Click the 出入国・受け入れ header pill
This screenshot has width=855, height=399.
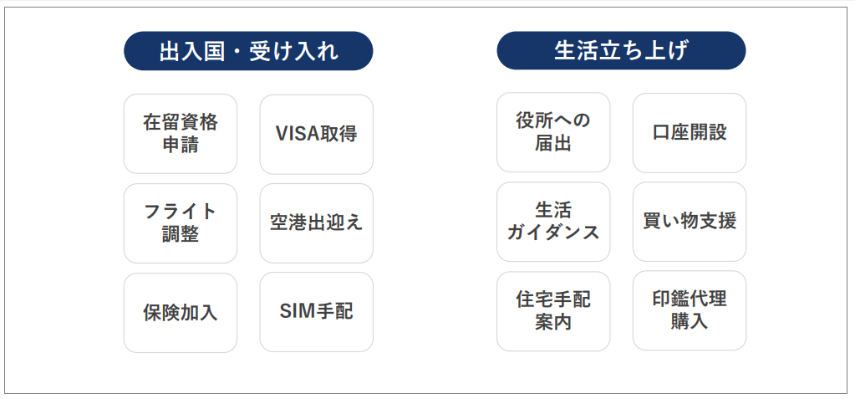coord(248,51)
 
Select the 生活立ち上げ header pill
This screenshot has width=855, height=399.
coord(621,51)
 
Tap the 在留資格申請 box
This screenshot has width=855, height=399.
coord(181,134)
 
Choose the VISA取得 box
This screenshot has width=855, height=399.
coord(316,135)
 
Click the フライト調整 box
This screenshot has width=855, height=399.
coord(181,223)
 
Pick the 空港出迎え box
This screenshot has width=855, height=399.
coord(316,223)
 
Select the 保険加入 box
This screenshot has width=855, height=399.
coord(181,313)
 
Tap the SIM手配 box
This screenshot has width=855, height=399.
coord(316,312)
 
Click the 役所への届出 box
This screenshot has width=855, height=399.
coord(553,132)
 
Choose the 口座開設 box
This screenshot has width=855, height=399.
coord(690,133)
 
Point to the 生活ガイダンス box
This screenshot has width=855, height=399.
coord(553,222)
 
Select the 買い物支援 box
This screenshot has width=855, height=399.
coord(690,222)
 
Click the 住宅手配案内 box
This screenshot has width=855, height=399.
coord(553,311)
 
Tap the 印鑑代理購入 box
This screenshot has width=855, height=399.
coord(690,310)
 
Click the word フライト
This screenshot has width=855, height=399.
coord(181,212)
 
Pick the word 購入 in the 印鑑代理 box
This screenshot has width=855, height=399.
coord(690,321)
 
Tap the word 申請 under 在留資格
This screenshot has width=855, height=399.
coord(181,146)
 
